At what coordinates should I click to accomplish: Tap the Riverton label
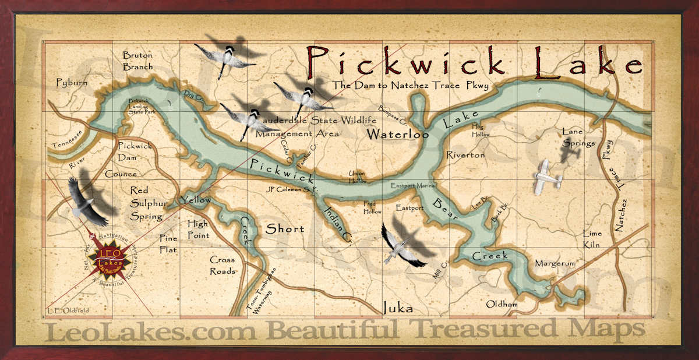[x=465, y=155]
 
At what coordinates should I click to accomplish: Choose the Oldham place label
[x=502, y=304]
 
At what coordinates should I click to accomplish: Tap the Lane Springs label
[x=578, y=137]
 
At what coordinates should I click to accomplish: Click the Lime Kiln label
[x=592, y=239]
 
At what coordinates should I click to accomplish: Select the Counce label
[x=121, y=174]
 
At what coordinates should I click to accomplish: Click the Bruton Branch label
[x=137, y=61]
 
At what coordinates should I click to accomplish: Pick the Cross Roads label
[x=223, y=265]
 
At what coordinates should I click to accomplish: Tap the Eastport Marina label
[x=413, y=186]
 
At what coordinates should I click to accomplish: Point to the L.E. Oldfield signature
[x=69, y=310]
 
